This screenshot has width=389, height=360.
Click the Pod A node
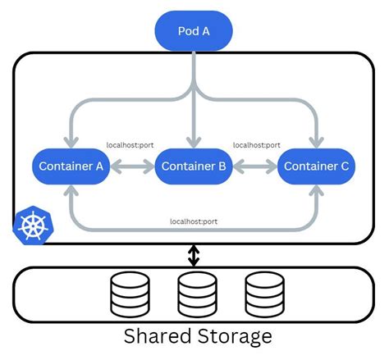[194, 31]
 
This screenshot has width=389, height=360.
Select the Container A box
[71, 166]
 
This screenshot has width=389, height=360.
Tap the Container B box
[194, 166]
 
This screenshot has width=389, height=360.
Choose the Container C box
[317, 166]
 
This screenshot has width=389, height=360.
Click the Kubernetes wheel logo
[32, 227]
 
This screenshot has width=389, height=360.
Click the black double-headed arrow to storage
[194, 255]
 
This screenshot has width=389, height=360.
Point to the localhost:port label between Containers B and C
[256, 145]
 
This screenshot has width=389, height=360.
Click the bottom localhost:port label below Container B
[194, 221]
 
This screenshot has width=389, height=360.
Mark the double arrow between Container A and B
[131, 166]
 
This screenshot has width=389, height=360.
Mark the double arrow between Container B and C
[255, 166]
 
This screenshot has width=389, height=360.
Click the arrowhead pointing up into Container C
[317, 191]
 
